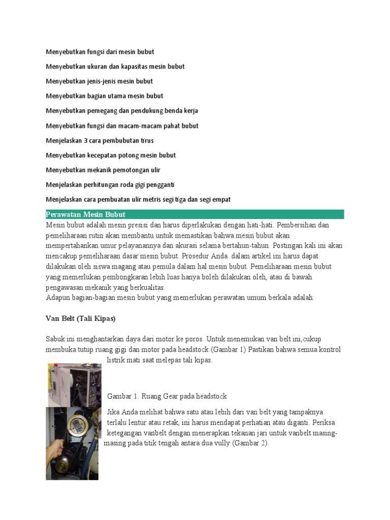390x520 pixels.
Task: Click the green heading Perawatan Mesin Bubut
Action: pyautogui.click(x=85, y=214)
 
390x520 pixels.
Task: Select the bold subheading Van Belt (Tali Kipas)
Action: pyautogui.click(x=81, y=318)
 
